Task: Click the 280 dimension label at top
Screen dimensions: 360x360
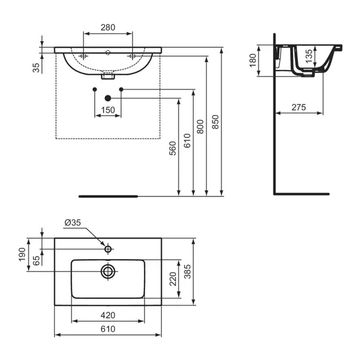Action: (x=107, y=27)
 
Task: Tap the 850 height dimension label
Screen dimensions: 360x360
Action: (x=215, y=122)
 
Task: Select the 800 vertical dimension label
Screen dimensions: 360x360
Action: (x=200, y=127)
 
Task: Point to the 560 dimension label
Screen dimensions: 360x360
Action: (x=173, y=148)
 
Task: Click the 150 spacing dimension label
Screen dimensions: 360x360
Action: (x=108, y=110)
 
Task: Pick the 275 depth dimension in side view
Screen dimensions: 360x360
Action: (x=299, y=107)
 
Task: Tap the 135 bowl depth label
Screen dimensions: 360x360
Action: (x=309, y=56)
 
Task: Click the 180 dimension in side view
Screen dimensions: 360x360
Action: (x=253, y=60)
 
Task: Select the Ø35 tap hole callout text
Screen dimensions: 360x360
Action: (x=73, y=223)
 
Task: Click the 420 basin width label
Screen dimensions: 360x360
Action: (x=108, y=315)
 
